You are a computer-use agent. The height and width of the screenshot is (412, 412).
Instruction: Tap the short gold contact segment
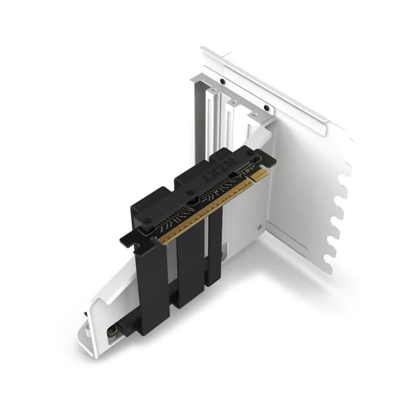tap(259, 174)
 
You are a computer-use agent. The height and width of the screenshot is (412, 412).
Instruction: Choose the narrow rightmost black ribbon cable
tap(214, 251)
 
